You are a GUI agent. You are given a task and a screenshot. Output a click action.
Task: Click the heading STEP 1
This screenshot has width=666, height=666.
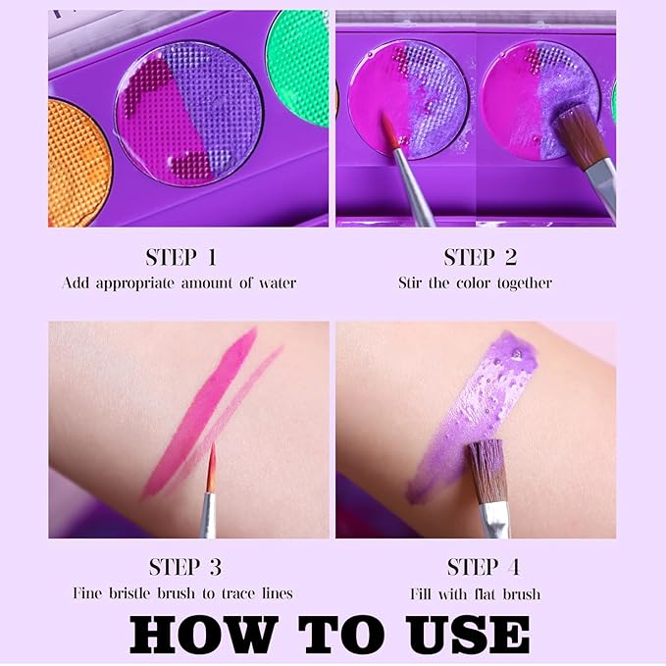tap(181, 257)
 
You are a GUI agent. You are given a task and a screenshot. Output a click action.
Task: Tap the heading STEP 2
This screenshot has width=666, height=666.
tap(481, 257)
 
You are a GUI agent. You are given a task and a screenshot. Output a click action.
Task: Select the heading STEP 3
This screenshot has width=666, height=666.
tap(185, 567)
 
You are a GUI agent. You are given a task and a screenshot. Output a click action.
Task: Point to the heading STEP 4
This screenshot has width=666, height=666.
tap(484, 567)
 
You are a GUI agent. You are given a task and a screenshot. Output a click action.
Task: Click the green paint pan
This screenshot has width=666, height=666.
tap(297, 68)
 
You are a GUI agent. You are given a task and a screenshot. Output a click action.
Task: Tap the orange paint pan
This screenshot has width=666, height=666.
tap(78, 164)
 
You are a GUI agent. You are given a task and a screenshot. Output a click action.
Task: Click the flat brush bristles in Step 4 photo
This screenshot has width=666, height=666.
tap(487, 472)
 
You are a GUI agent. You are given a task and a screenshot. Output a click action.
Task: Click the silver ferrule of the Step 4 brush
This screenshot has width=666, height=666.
tap(495, 520)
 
